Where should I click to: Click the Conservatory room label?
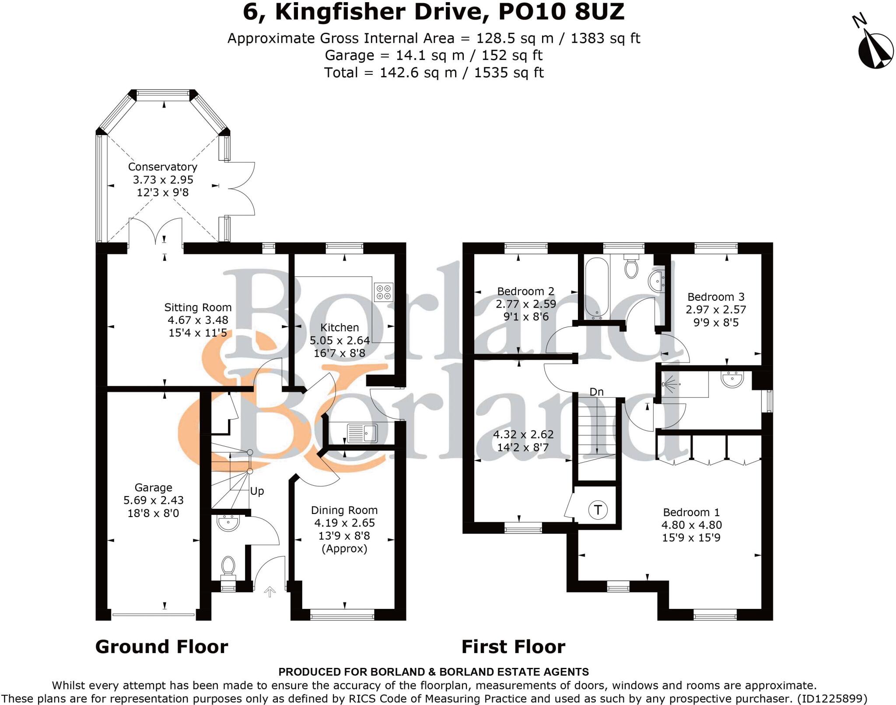point(162,167)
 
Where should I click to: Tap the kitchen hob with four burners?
point(384,292)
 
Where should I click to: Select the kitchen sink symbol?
point(362,433)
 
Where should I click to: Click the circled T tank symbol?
point(598,510)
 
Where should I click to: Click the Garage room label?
point(153,488)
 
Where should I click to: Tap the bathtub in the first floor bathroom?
point(596,287)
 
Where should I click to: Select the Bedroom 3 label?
point(716,297)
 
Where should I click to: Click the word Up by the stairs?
point(257,491)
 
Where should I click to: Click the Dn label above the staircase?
point(596,392)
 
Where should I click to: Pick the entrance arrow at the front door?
point(269,592)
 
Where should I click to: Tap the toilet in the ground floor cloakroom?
point(228,567)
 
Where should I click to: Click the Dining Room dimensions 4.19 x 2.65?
point(344,523)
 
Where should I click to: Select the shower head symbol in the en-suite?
point(667,384)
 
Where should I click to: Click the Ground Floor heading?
point(161,647)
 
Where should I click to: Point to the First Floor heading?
point(513,647)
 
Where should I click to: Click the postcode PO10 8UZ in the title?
point(561,12)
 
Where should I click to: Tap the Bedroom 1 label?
point(691,512)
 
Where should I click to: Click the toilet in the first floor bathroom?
point(631,268)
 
